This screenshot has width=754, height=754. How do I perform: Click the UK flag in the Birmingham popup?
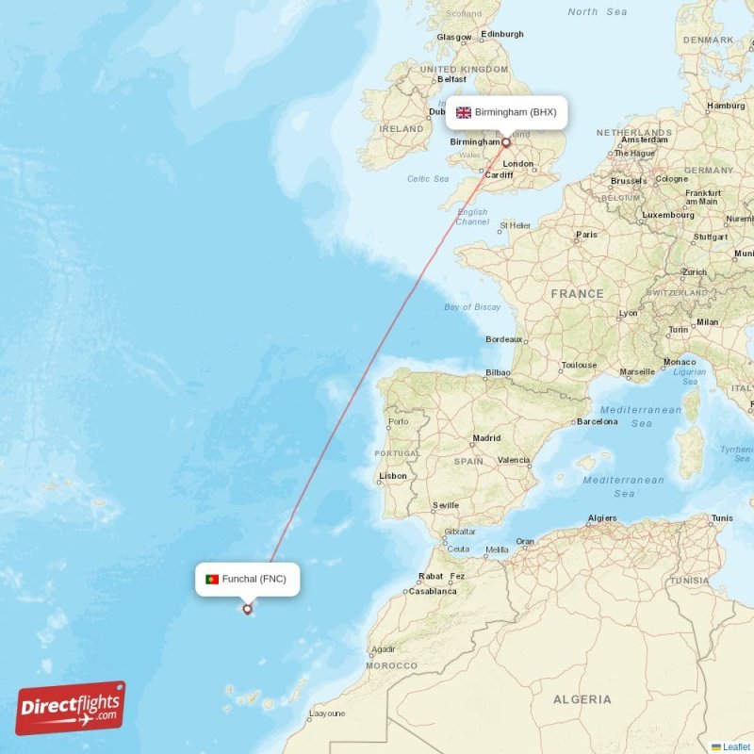464,112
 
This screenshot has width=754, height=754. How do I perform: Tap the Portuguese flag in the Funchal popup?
212,579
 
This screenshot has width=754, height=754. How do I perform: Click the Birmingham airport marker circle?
506,143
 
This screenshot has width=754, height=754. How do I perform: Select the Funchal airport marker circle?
248,609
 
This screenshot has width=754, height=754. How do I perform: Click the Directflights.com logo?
71,708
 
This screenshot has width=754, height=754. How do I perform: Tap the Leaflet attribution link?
736,746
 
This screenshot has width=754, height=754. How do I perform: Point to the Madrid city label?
486,438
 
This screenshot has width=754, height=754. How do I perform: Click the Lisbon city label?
393,476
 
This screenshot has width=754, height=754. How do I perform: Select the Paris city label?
586,235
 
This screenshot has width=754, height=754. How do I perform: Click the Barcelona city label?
597,421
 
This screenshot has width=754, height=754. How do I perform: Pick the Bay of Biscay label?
472,307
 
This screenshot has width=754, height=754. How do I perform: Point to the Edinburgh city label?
501,35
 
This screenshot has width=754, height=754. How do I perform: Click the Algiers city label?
601,518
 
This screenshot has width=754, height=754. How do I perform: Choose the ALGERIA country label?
582,699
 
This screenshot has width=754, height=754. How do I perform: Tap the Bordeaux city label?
503,339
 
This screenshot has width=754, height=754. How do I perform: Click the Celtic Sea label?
428,178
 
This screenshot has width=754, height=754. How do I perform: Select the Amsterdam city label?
645,140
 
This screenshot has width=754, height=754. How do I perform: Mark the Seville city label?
445,505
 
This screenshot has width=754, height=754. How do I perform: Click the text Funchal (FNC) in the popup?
254,579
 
